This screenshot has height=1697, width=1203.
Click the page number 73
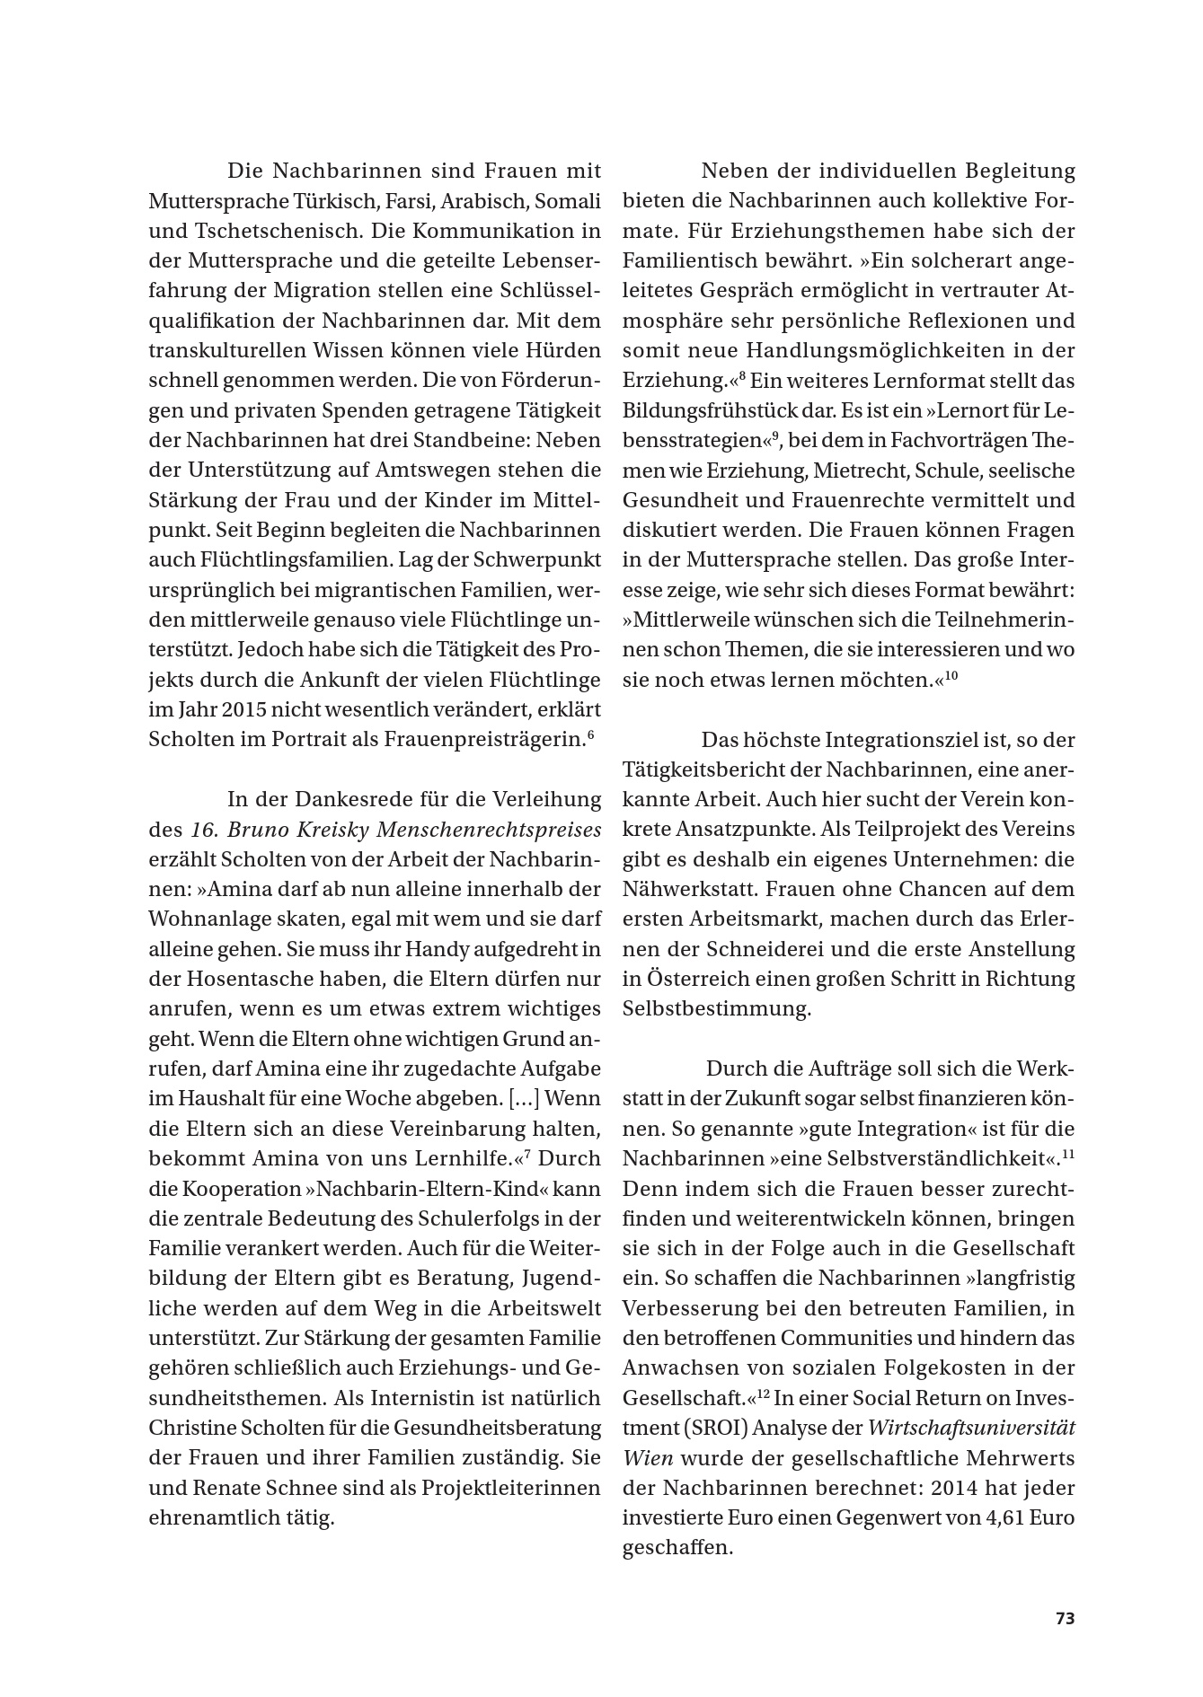click(1065, 1619)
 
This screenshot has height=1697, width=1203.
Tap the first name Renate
click(234, 1488)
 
